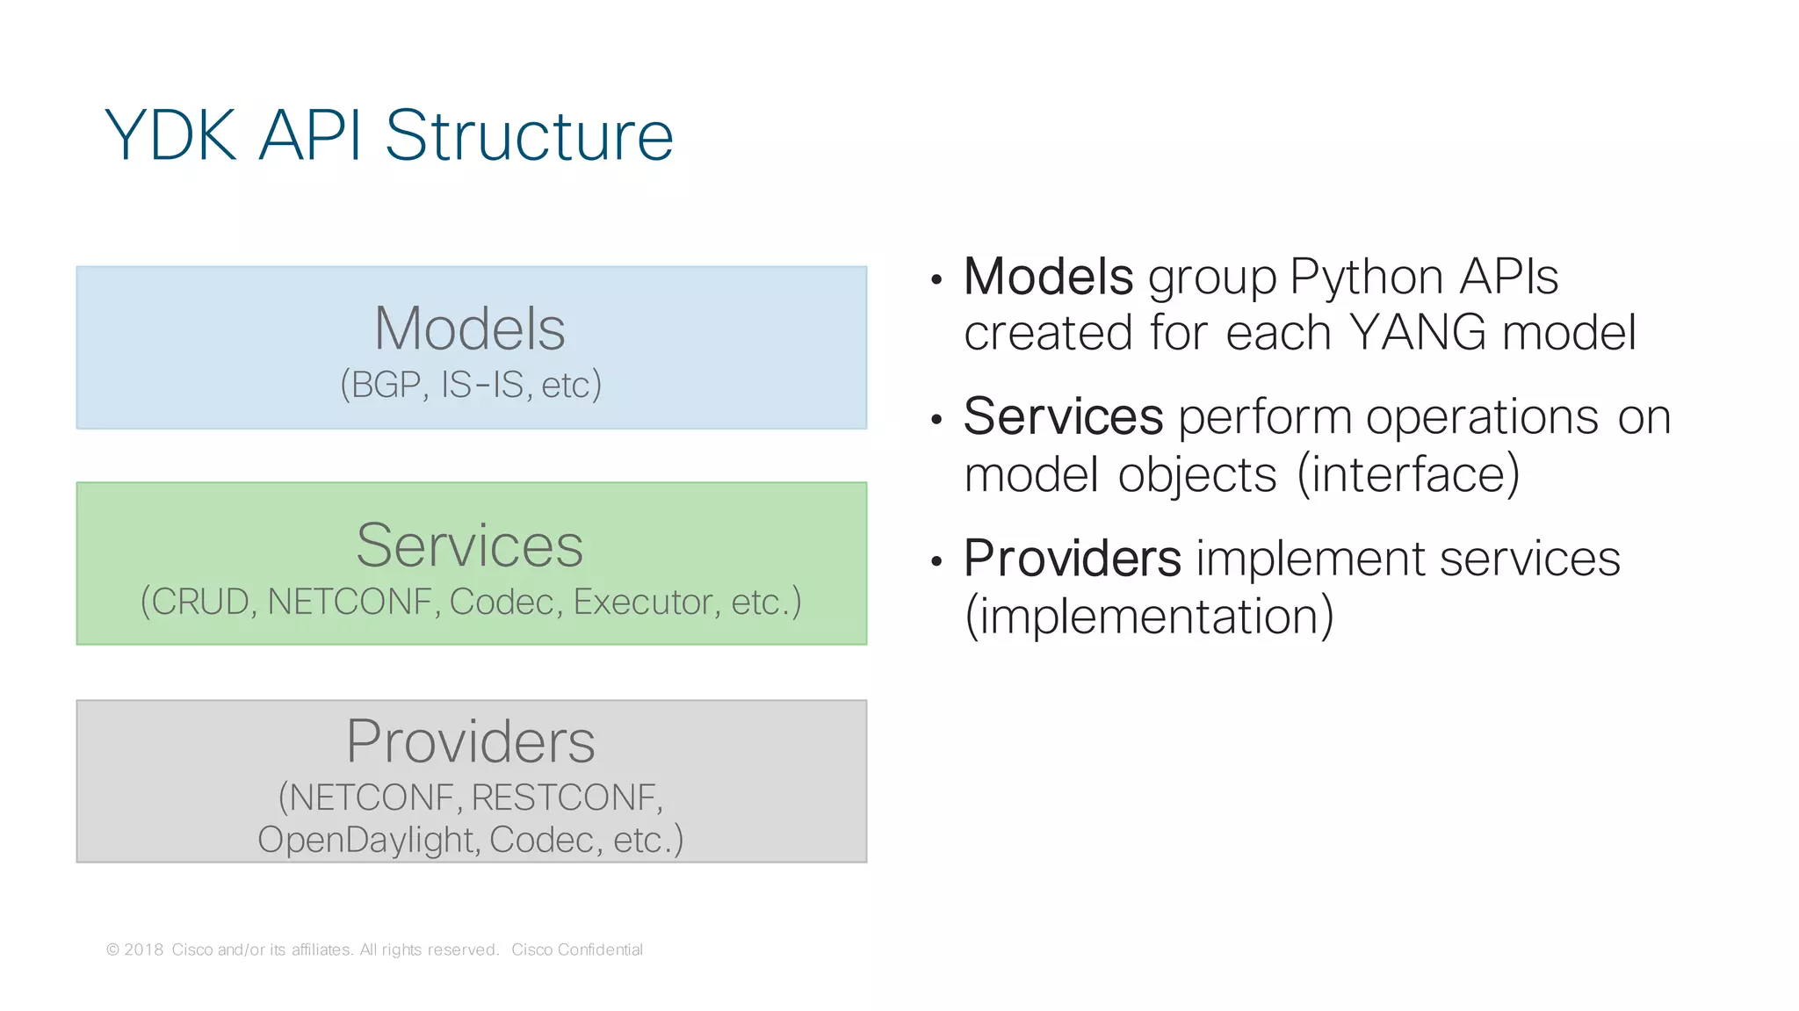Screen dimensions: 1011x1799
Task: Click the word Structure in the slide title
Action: pos(529,136)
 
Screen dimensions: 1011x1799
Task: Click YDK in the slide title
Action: pos(170,136)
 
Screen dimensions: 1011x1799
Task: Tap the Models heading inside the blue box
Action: pos(470,329)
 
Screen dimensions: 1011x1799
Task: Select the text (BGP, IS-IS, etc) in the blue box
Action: pos(471,385)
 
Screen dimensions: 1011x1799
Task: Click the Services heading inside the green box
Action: pos(470,545)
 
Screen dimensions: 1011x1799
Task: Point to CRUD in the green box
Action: pos(200,602)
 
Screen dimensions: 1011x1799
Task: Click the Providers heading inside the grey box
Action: pos(470,741)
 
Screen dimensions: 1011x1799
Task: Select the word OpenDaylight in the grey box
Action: pos(366,840)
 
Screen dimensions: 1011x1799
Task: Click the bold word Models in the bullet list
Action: pos(1048,277)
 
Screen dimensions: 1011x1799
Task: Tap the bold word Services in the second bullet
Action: pos(1063,416)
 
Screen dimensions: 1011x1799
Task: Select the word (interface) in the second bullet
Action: pos(1408,474)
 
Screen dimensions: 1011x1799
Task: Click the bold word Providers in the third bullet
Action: pos(1072,559)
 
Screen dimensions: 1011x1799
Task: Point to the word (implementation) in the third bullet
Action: pos(1149,616)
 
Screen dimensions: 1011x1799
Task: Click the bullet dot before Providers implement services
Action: pos(936,560)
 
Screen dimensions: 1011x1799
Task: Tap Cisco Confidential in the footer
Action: pos(577,950)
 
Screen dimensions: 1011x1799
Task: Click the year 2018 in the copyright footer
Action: pos(143,950)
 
